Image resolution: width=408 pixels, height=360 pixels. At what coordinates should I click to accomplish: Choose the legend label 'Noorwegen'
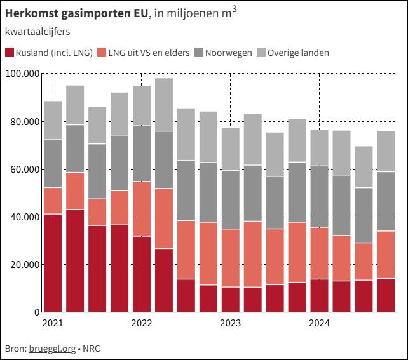(229, 53)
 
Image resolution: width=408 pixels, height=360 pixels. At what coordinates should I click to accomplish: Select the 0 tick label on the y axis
(36, 312)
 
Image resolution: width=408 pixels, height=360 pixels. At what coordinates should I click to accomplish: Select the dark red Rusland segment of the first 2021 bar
(53, 263)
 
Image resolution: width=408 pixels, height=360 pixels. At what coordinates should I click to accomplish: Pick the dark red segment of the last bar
(386, 295)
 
